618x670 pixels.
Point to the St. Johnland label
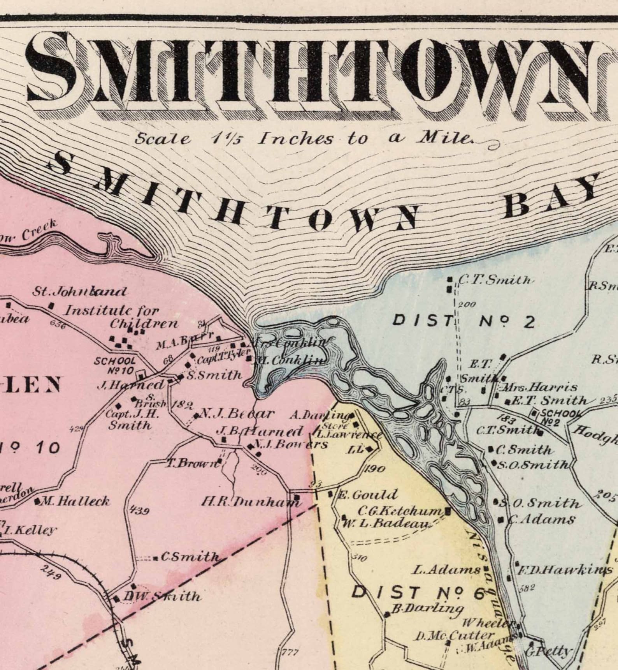pyautogui.click(x=80, y=291)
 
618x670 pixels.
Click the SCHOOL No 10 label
pyautogui.click(x=115, y=366)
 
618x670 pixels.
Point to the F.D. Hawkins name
pyautogui.click(x=564, y=571)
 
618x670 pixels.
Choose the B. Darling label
pyautogui.click(x=427, y=608)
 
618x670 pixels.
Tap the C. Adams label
pyautogui.click(x=541, y=520)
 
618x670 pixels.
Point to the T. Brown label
pyautogui.click(x=193, y=464)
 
